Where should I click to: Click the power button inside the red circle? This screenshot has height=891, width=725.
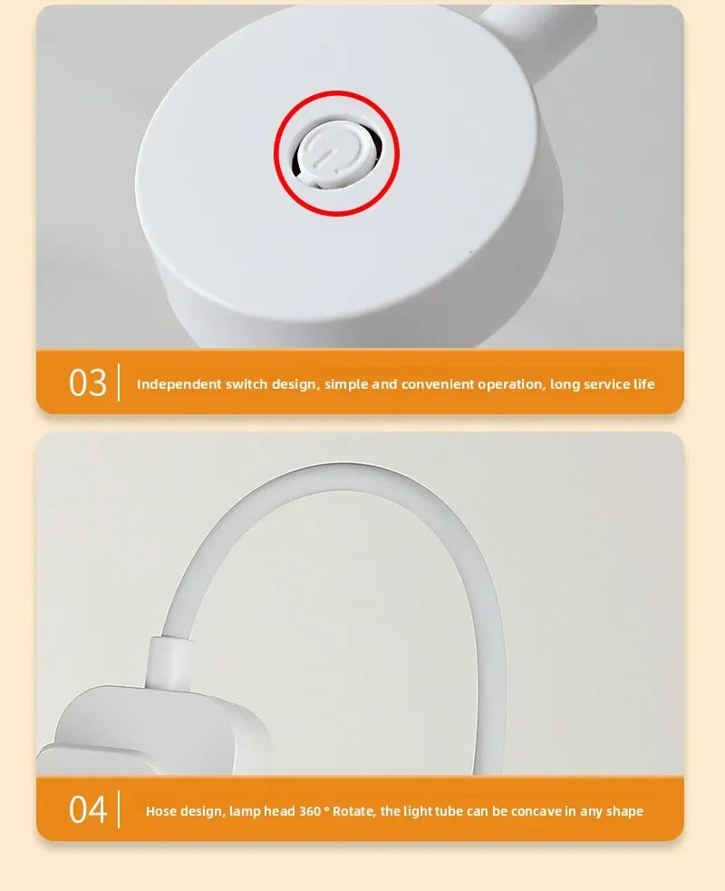(334, 152)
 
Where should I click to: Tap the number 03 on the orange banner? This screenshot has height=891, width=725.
(88, 383)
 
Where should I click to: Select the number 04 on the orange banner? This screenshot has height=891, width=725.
(88, 809)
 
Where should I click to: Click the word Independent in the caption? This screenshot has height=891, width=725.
(179, 384)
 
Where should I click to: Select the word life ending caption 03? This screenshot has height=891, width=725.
(643, 384)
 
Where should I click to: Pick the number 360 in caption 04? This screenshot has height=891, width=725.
(310, 811)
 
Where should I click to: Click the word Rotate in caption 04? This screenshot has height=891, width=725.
(353, 811)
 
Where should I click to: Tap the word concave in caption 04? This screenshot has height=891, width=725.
(539, 811)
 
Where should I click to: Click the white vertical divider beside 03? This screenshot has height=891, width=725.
(119, 383)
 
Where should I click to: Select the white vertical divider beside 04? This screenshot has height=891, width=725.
(119, 809)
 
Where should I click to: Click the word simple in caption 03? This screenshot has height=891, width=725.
(345, 384)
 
